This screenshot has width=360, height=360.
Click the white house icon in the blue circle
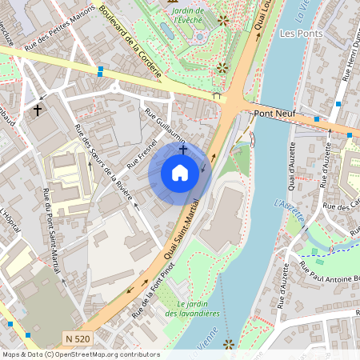click(x=180, y=172)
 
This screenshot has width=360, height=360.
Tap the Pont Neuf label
click(x=274, y=114)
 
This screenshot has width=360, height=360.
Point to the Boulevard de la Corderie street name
click(x=133, y=42)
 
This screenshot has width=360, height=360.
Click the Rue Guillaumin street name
click(x=165, y=122)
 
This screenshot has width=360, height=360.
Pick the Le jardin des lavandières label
click(x=192, y=309)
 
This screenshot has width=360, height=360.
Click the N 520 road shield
click(x=78, y=339)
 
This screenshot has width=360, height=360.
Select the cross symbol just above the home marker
click(x=183, y=149)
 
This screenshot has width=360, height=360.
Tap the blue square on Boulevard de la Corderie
click(x=100, y=71)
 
